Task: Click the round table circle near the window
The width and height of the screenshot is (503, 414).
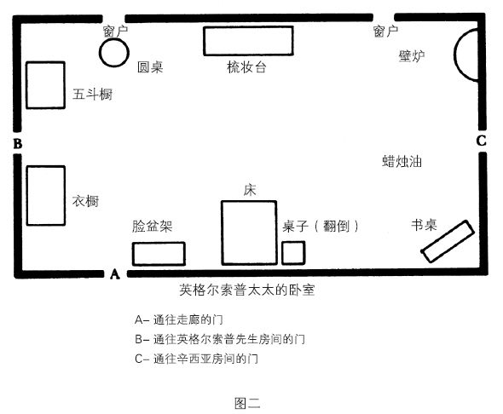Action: (100, 53)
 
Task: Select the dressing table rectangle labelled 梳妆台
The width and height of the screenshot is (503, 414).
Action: (248, 27)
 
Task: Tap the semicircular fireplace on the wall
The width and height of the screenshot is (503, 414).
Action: (455, 55)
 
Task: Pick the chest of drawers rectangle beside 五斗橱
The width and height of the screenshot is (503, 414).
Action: (26, 85)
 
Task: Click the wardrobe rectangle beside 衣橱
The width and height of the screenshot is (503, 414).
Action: (27, 195)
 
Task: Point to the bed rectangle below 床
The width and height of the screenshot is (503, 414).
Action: (222, 233)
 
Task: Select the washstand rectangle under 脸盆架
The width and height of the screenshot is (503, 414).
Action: (159, 243)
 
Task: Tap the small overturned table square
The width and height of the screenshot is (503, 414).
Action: (293, 242)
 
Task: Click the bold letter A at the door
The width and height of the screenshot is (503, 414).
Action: (115, 274)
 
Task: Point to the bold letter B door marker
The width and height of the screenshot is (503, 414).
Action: (18, 143)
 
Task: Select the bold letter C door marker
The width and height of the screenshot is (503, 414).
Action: (481, 141)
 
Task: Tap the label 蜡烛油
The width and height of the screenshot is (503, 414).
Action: (402, 161)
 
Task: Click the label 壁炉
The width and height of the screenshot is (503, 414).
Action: (412, 56)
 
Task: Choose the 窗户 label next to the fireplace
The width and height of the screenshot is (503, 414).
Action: (385, 32)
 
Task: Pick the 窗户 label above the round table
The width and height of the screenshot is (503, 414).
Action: (115, 32)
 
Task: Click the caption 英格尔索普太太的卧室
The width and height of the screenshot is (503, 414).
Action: (247, 290)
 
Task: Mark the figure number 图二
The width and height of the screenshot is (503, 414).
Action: (247, 403)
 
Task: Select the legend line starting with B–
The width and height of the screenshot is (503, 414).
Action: (220, 339)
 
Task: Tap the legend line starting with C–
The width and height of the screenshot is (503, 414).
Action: (196, 359)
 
